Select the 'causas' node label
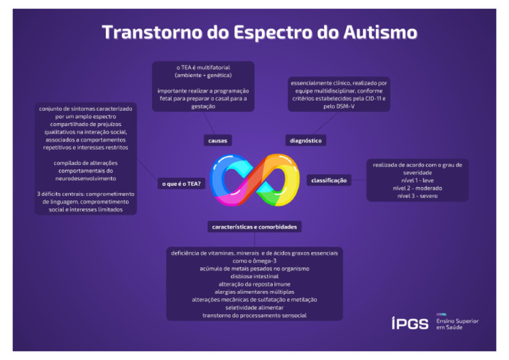[x=218, y=141]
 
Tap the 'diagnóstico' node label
[x=306, y=141]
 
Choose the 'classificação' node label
[x=329, y=180]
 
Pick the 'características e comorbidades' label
[x=254, y=227]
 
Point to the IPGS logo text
[x=410, y=324]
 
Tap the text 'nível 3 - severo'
[x=417, y=196]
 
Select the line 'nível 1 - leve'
[x=417, y=180]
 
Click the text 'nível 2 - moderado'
[x=417, y=188]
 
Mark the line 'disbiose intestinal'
[x=254, y=276]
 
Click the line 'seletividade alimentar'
[x=254, y=308]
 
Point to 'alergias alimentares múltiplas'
[x=254, y=292]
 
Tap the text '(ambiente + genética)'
[x=203, y=75]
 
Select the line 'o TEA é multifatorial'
[x=203, y=67]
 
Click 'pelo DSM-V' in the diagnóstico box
[x=339, y=106]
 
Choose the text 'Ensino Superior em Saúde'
[x=457, y=324]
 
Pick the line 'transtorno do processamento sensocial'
[x=254, y=316]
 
